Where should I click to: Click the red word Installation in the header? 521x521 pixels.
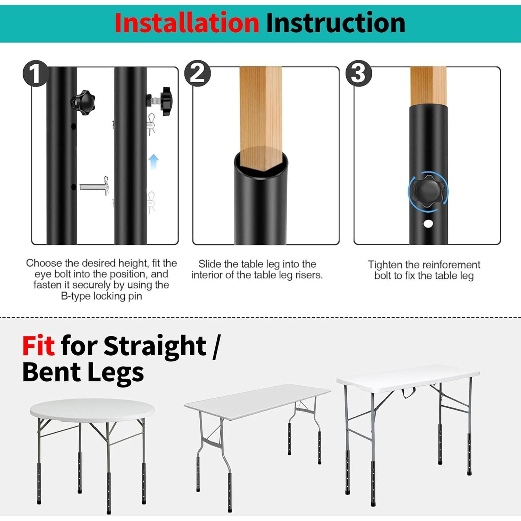pyautogui.click(x=187, y=23)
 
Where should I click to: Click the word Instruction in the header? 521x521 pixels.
pyautogui.click(x=336, y=23)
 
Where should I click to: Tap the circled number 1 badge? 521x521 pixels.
pyautogui.click(x=35, y=73)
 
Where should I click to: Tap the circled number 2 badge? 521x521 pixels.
pyautogui.click(x=197, y=73)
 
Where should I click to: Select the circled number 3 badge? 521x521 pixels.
pyautogui.click(x=358, y=73)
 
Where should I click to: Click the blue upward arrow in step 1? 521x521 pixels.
pyautogui.click(x=154, y=162)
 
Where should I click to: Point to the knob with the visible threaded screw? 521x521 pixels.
pyautogui.click(x=163, y=100)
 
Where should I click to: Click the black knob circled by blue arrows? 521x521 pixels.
pyautogui.click(x=428, y=191)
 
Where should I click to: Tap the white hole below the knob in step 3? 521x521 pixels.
pyautogui.click(x=428, y=224)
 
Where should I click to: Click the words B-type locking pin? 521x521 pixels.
pyautogui.click(x=101, y=296)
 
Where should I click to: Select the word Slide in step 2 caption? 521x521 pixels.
pyautogui.click(x=210, y=264)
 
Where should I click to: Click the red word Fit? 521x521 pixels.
pyautogui.click(x=38, y=346)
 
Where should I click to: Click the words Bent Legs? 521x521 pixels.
pyautogui.click(x=83, y=372)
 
